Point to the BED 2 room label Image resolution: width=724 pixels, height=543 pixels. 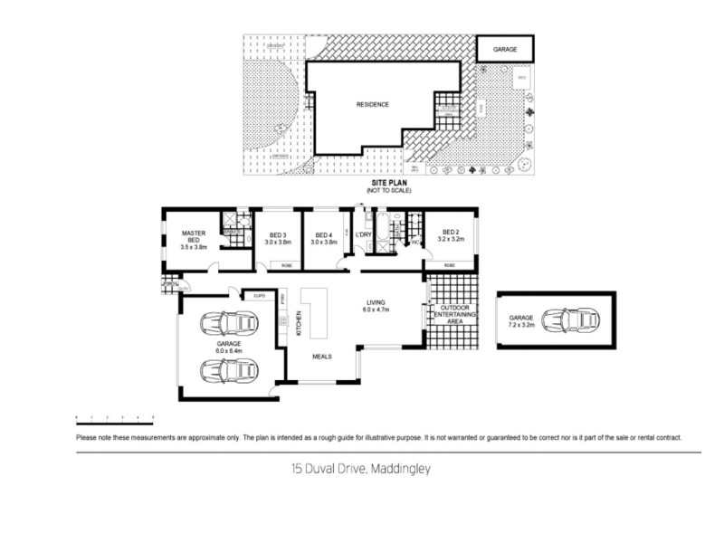(x=450, y=236)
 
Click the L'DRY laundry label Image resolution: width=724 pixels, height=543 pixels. (x=364, y=235)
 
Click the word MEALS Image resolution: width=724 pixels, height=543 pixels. (x=322, y=356)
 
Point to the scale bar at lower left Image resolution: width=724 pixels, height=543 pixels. (x=115, y=417)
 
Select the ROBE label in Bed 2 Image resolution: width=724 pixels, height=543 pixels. (x=450, y=265)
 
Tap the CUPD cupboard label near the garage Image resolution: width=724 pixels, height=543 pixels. (x=258, y=296)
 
